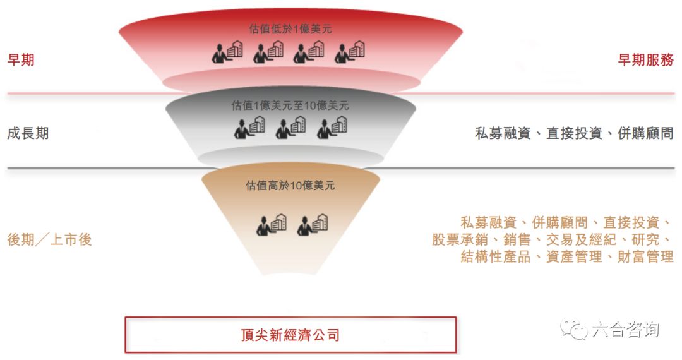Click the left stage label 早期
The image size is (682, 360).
click(21, 59)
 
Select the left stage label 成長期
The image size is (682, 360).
click(28, 133)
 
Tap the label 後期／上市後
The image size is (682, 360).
click(50, 239)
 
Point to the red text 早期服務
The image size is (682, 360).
click(646, 59)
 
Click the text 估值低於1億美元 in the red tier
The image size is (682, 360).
click(290, 29)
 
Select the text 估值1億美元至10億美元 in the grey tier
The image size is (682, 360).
click(290, 105)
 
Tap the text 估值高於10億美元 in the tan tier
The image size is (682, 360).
click(290, 186)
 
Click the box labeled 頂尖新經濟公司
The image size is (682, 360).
click(290, 335)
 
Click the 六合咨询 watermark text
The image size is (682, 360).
click(625, 330)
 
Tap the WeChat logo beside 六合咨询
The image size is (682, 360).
click(574, 330)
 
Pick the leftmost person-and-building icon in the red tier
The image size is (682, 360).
click(227, 52)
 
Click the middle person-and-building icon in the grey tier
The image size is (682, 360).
click(290, 128)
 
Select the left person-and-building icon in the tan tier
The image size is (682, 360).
click(272, 225)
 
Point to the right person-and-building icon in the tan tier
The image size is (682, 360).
click(313, 225)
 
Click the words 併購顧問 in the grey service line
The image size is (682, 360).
click(645, 133)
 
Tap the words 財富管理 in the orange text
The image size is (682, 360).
click(645, 256)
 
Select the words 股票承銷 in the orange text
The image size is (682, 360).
click(460, 239)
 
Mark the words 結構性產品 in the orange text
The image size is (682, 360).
click(496, 256)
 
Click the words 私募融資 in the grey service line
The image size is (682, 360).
click(503, 133)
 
